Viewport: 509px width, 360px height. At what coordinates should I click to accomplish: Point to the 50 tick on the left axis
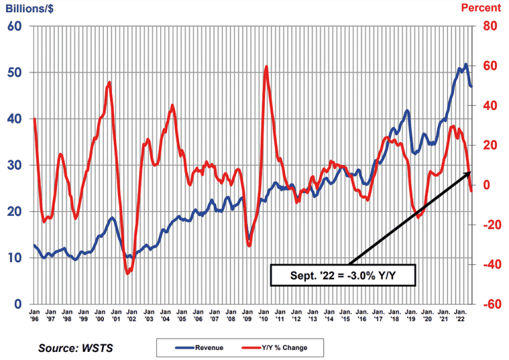[16, 73]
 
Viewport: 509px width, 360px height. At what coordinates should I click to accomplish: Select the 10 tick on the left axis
[16, 258]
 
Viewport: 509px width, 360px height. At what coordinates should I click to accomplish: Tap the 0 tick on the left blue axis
[19, 304]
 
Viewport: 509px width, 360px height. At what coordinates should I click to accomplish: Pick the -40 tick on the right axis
[489, 265]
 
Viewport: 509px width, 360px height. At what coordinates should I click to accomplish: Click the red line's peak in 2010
[266, 67]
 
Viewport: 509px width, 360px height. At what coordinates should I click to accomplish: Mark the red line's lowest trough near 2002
[127, 273]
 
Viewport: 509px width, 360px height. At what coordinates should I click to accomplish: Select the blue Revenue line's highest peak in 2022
[466, 65]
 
